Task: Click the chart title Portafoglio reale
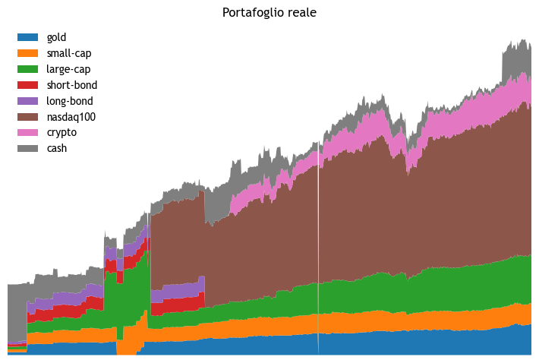[269, 13]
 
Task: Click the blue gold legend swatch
[27, 37]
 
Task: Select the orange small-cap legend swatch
[27, 53]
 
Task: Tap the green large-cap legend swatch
[27, 69]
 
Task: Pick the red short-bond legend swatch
[27, 85]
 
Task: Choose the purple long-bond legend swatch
[27, 101]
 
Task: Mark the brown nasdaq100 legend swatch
[27, 117]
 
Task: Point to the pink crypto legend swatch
[27, 133]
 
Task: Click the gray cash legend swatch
[27, 149]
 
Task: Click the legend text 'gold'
[57, 37]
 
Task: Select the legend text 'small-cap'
[68, 53]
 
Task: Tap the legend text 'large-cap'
[68, 69]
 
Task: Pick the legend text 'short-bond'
[71, 85]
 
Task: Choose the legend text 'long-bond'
[70, 101]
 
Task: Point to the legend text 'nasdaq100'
[71, 117]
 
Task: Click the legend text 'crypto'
[61, 133]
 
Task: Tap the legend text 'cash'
[57, 149]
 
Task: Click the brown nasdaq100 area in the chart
[342, 213]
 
